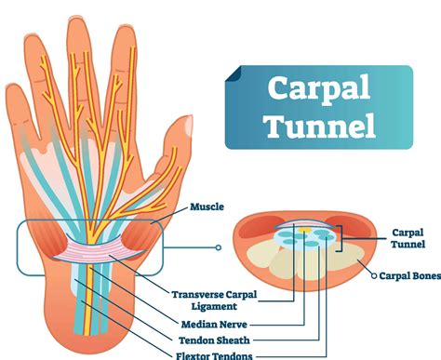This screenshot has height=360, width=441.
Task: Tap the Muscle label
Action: click(207, 207)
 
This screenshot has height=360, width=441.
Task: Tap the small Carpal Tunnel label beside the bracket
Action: click(413, 238)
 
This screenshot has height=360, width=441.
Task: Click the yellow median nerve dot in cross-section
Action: click(304, 227)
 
